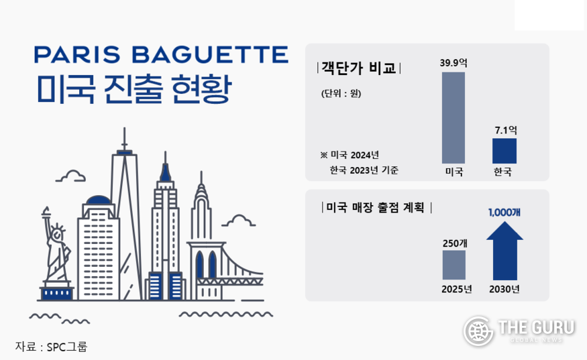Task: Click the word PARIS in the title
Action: pyautogui.click(x=77, y=54)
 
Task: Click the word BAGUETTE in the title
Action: pyautogui.click(x=210, y=54)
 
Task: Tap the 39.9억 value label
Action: pyautogui.click(x=453, y=63)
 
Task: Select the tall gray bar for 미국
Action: pyautogui.click(x=453, y=117)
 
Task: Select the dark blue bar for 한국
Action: pyautogui.click(x=504, y=151)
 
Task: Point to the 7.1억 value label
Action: pyautogui.click(x=506, y=130)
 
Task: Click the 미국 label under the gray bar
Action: pyautogui.click(x=454, y=172)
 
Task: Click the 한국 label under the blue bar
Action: pyautogui.click(x=502, y=172)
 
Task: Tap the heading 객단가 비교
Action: pyautogui.click(x=359, y=68)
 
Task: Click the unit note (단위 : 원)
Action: pyautogui.click(x=341, y=93)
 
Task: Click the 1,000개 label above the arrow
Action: pyautogui.click(x=504, y=213)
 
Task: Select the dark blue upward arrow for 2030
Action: pyautogui.click(x=504, y=251)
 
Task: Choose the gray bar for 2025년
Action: pyautogui.click(x=453, y=265)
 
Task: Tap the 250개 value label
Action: pyautogui.click(x=455, y=243)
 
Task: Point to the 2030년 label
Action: pyautogui.click(x=504, y=289)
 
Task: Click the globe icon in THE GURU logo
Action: pyautogui.click(x=478, y=331)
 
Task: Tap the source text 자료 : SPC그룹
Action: pyautogui.click(x=51, y=347)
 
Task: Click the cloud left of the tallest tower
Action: pyautogui.click(x=70, y=176)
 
